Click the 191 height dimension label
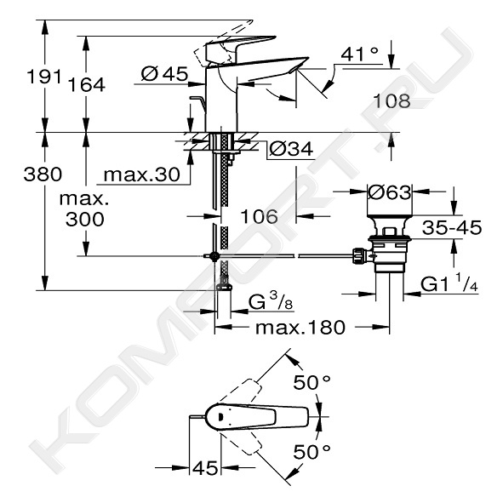(x=43, y=77)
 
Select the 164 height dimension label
(x=87, y=85)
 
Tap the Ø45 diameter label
(x=164, y=74)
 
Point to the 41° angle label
(x=359, y=54)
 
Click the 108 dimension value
(x=392, y=100)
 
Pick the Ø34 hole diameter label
(x=291, y=149)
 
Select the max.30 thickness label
(x=142, y=175)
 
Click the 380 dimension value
(x=43, y=174)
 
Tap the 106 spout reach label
(x=260, y=216)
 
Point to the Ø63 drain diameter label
(x=389, y=193)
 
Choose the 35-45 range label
(x=452, y=227)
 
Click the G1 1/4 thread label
(x=449, y=284)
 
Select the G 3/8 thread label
(x=271, y=302)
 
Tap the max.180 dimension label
(x=300, y=328)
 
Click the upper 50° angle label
(x=312, y=382)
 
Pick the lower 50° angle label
(x=312, y=452)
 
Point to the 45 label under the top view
(x=205, y=468)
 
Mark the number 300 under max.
(x=85, y=220)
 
